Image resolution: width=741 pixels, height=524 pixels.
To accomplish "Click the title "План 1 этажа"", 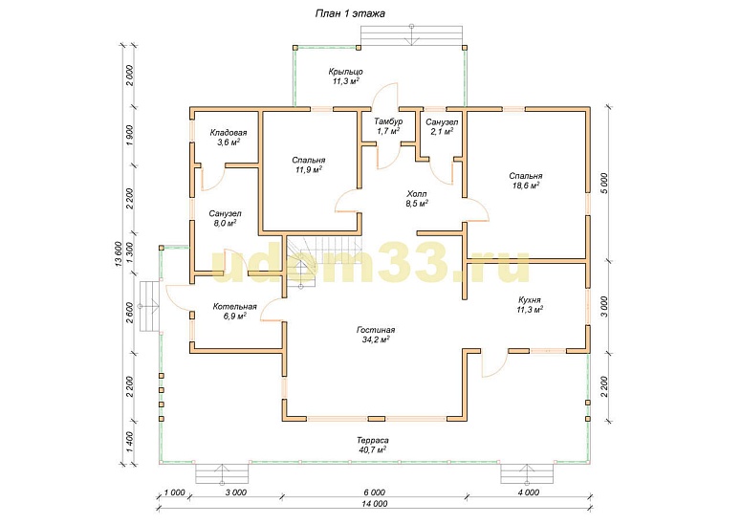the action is pos(350,13).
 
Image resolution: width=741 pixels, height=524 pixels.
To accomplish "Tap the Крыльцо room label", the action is pos(345,76).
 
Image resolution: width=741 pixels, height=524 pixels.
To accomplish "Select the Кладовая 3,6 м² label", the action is pos(229,137).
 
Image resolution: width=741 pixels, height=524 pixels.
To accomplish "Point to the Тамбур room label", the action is pos(388,126).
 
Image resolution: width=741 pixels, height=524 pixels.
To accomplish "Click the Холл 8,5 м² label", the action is pos(416,199).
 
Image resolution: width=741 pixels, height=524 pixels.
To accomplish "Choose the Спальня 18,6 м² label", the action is pos(526,181).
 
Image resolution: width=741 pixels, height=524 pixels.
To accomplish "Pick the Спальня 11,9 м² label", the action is pos(308,164).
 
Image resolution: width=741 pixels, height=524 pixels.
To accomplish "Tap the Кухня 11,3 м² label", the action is pos(530,305).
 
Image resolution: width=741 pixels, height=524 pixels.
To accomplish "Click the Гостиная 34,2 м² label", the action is pos(375,335).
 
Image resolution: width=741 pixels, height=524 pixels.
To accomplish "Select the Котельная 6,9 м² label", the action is pos(234,311).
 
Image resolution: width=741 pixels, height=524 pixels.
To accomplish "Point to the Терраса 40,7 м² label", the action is pos(373,445).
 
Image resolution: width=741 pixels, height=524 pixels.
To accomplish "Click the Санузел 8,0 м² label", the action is pos(225,218).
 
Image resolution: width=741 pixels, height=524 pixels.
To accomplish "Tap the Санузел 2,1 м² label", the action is pos(442,126).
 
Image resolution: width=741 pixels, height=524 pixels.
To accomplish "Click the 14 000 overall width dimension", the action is pos(374,504).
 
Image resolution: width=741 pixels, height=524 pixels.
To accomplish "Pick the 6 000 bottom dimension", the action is pos(374,492).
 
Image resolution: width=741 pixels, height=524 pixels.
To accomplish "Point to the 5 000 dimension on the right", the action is pos(607,184).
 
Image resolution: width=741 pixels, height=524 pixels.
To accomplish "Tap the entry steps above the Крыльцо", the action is pos(412,35).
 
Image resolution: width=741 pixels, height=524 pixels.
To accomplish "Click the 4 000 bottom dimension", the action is pos(529,492).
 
